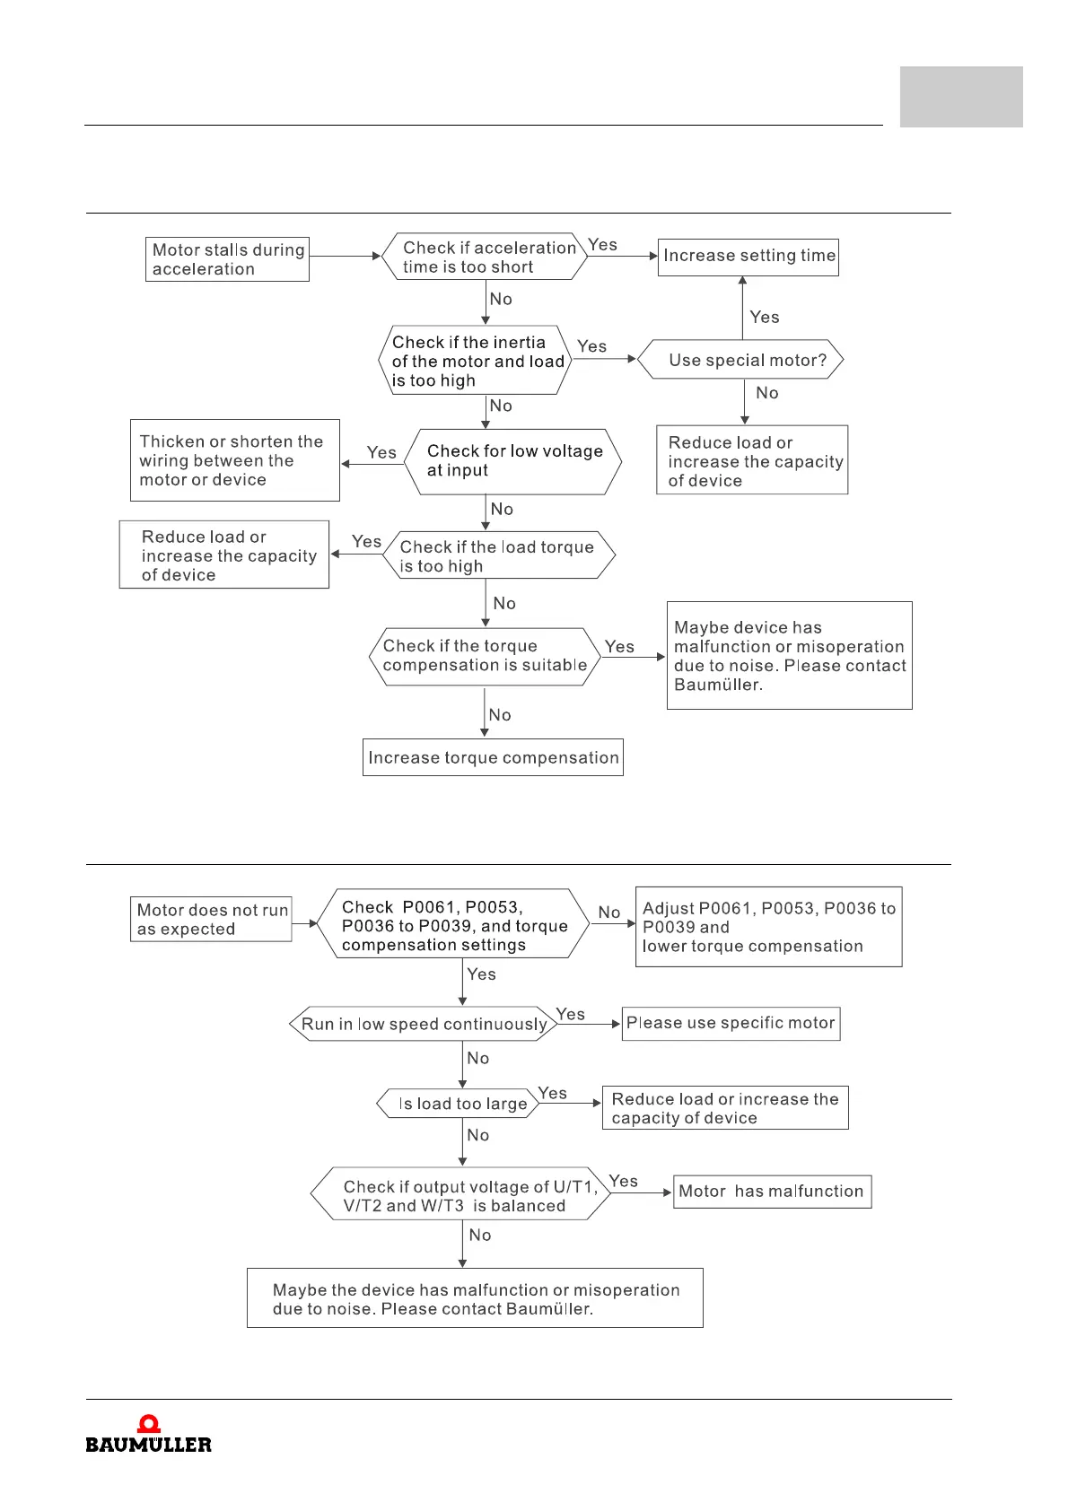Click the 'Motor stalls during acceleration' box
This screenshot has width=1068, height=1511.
227,259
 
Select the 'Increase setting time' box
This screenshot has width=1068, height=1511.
748,257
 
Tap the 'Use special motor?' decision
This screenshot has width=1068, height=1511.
741,360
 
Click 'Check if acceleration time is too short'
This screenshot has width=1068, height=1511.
485,257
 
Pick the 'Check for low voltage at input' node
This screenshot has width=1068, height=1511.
513,461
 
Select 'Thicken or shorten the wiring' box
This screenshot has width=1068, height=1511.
234,460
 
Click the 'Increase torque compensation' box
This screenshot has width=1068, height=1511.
493,757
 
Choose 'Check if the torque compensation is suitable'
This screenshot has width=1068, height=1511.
485,656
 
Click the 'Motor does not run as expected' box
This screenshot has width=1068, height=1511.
212,920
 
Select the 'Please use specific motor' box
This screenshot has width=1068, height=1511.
731,1023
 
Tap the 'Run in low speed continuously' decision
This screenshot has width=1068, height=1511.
423,1024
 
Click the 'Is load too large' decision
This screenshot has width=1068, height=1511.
458,1104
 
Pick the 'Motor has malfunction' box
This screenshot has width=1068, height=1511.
772,1192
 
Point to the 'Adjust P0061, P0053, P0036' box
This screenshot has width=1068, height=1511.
768,927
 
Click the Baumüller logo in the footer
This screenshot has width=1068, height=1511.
149,1435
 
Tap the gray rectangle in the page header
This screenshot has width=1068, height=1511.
961,97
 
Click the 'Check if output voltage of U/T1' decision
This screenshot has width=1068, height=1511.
460,1195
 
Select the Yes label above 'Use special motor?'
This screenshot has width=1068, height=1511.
765,317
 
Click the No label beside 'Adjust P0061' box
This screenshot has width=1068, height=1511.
609,913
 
